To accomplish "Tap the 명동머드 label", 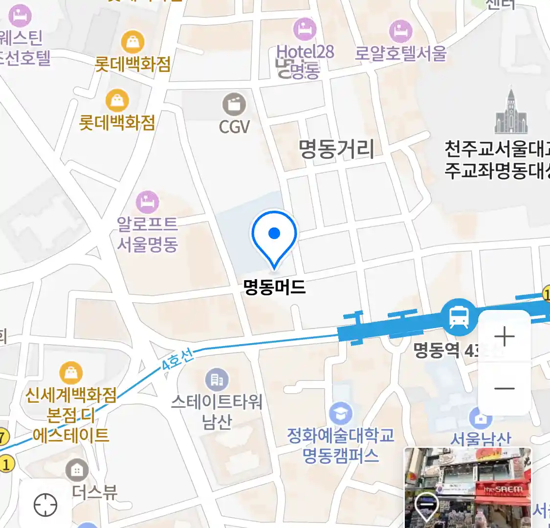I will click(x=274, y=286).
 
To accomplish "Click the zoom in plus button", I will click(x=504, y=337).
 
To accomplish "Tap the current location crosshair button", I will click(x=45, y=505).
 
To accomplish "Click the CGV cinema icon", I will click(x=234, y=104).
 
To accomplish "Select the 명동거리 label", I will click(x=336, y=149).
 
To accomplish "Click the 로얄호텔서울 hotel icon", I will click(x=400, y=31).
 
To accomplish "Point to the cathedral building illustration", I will click(x=511, y=112).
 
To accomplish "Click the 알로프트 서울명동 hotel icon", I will click(x=147, y=202).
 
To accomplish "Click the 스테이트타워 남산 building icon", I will click(x=217, y=380).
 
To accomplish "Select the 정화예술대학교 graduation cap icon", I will click(x=340, y=414).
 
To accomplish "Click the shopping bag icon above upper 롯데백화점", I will click(x=132, y=42).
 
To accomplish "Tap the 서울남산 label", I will click(x=480, y=439).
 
